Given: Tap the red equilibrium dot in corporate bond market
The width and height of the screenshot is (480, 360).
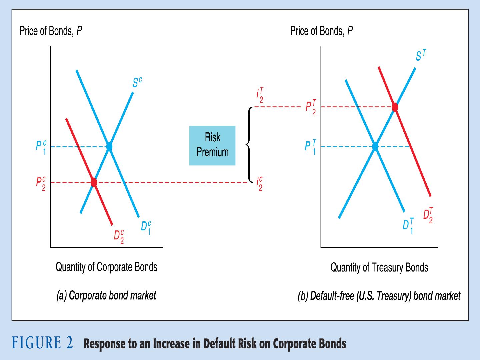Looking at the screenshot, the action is (94, 182).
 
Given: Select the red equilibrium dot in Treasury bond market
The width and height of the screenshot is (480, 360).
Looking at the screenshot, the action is (395, 107).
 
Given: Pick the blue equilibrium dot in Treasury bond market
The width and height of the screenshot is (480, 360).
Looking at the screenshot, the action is (375, 146).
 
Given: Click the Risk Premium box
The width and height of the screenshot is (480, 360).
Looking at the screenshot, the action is (212, 146).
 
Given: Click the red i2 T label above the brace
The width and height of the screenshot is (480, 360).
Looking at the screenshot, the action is (260, 95).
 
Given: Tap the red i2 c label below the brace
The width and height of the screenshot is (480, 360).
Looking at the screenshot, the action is (259, 184).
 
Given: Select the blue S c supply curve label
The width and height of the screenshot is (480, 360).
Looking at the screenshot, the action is (137, 82).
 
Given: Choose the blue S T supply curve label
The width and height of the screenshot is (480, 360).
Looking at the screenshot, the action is (421, 55).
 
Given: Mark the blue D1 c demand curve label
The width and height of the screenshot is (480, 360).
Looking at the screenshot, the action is (146, 228).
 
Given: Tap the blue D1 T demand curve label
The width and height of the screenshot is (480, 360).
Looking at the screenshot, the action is (408, 226).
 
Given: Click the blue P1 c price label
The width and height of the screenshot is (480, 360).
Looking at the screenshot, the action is (41, 148).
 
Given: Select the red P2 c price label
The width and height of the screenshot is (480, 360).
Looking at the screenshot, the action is (41, 184).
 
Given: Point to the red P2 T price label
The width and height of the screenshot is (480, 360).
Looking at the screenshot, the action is (311, 107).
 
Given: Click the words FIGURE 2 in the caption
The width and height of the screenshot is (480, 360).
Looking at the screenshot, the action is (42, 343).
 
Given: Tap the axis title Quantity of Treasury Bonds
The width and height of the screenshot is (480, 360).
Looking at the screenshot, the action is (379, 267).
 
